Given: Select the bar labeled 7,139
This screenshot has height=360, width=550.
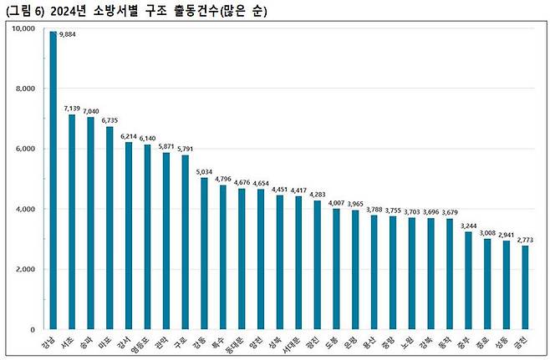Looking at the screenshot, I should [x=72, y=221].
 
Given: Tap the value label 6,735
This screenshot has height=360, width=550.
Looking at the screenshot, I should [x=110, y=119].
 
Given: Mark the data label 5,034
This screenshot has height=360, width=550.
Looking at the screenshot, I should [x=205, y=171].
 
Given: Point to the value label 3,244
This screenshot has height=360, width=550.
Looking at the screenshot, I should [x=468, y=225].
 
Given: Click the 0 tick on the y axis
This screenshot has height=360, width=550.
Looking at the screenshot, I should [x=31, y=329].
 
